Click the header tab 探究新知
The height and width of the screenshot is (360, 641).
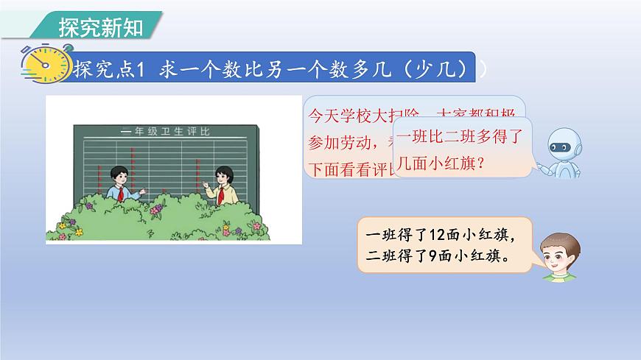pyautogui.click(x=99, y=26)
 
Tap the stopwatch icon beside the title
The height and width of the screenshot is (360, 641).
pyautogui.click(x=41, y=66)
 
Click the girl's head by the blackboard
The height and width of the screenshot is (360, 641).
pyautogui.click(x=223, y=174)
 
